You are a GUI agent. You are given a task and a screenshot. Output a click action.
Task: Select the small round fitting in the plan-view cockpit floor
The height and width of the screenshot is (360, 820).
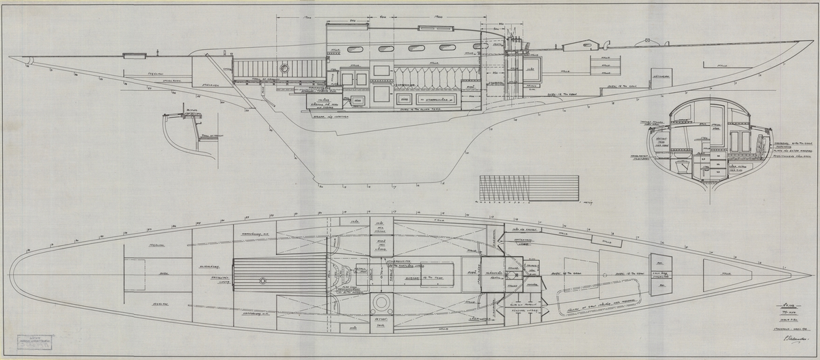pyautogui.click(x=264, y=281)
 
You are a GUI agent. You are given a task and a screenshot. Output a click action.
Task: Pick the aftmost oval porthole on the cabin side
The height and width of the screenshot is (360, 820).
pyautogui.click(x=355, y=49)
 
